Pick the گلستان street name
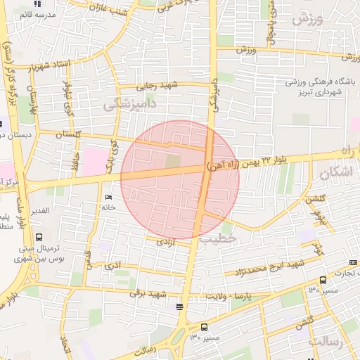click(68, 134)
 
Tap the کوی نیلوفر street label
click(68, 100)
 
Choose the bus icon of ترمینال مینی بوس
click(38, 237)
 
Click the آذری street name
click(112, 266)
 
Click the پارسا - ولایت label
click(229, 295)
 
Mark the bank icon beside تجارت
click(352, 262)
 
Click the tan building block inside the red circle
click(172, 162)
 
